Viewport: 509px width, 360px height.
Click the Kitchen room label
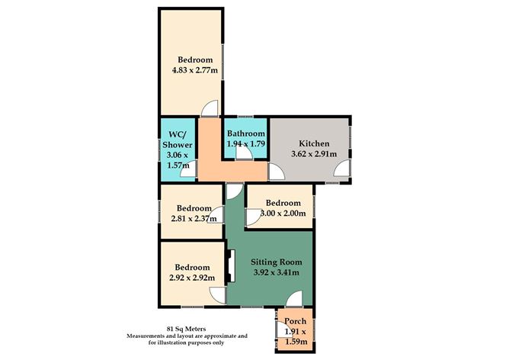314,143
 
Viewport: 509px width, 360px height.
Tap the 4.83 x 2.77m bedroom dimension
195,70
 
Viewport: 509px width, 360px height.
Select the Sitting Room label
277,262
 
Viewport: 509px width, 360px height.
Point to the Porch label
296,321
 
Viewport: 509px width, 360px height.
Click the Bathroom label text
245,133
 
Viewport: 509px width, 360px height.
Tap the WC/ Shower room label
178,140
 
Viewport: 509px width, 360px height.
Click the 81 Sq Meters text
187,329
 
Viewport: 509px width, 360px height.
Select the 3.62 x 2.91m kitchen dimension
314,153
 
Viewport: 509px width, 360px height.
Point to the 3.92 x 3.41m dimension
277,272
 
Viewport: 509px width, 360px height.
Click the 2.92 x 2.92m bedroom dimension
192,278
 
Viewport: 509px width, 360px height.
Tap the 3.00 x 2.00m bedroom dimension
283,214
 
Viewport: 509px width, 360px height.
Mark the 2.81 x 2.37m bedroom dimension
194,219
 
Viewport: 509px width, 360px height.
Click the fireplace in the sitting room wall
230,266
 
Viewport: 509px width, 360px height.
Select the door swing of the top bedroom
210,108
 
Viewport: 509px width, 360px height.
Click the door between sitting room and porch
294,299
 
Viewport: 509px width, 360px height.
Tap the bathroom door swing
245,151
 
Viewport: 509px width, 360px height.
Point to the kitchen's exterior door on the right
342,169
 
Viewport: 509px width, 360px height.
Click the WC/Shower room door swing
188,169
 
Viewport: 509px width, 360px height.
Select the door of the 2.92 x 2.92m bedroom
217,296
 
